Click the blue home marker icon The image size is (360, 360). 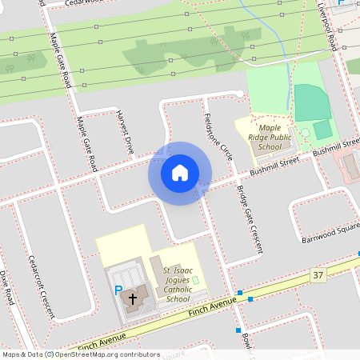[179, 173]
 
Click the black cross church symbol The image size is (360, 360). [133, 298]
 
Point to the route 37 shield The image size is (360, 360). [319, 275]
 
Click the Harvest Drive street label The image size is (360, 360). [126, 131]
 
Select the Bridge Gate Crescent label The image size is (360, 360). [250, 220]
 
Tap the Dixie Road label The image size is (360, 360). [7, 286]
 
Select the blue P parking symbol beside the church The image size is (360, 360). [118, 292]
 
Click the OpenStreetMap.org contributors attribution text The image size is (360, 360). [104, 354]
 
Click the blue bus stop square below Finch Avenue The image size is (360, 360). [238, 330]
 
